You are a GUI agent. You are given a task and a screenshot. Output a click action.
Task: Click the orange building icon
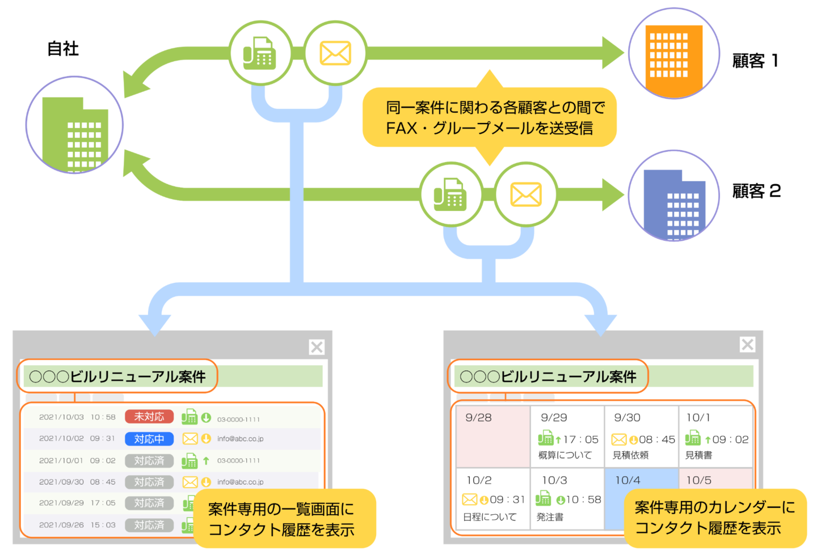673,54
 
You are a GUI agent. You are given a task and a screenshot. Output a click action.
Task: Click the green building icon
75,126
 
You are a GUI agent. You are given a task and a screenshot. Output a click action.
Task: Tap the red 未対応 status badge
149,417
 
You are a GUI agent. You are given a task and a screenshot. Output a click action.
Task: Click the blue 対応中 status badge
149,439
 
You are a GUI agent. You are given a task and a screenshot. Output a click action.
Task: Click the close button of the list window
317,347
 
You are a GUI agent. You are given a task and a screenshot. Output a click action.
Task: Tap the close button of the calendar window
747,344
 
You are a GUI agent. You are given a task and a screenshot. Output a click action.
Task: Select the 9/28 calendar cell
492,436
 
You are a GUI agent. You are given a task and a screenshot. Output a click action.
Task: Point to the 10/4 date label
628,480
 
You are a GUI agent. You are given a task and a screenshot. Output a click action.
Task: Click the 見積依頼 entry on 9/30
630,455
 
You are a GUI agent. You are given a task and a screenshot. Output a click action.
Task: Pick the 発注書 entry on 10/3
550,517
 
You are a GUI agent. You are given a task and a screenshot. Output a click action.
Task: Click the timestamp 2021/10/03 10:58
77,417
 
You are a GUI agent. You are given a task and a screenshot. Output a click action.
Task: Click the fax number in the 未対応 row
238,419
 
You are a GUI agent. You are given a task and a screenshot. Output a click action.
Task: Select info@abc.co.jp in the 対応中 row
240,439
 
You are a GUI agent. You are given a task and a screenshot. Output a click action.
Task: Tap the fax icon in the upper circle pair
260,53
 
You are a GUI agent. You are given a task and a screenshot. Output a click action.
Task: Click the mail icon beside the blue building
525,194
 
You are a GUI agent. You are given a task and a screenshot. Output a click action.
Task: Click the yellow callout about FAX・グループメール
489,117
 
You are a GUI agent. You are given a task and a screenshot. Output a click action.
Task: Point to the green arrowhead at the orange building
613,53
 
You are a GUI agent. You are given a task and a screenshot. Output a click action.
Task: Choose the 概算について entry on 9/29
565,455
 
